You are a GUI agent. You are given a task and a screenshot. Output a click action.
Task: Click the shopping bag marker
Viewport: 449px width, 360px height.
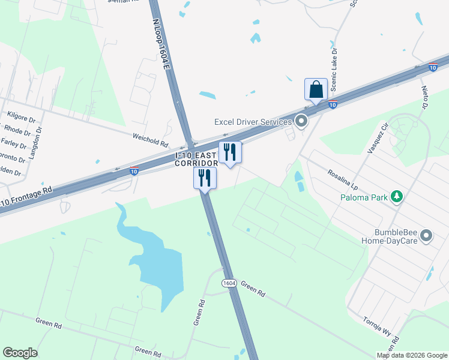(316, 91)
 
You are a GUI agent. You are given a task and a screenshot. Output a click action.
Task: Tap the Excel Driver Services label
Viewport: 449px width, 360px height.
(253, 122)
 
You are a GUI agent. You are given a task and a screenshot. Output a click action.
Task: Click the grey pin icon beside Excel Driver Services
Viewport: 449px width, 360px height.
(301, 122)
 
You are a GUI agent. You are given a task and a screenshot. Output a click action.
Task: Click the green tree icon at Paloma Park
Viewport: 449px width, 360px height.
(396, 196)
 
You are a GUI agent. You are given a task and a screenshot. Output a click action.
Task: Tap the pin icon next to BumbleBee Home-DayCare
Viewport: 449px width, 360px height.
(427, 235)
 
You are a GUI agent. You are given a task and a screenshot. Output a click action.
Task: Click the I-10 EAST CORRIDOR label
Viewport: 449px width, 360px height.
(196, 159)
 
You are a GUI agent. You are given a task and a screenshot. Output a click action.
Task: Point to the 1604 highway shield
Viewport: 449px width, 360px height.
(228, 283)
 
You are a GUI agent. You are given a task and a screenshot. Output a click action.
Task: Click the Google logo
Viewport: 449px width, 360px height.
(20, 353)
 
